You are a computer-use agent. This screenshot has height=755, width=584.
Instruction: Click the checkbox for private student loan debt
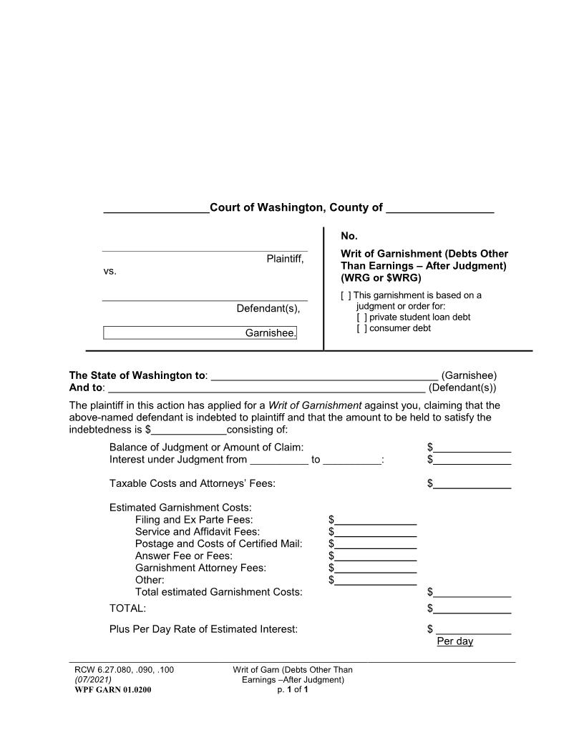pyautogui.click(x=361, y=317)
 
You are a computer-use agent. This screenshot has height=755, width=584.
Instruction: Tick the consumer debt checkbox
pyautogui.click(x=361, y=328)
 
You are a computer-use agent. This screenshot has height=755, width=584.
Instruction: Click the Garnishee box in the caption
pyautogui.click(x=200, y=333)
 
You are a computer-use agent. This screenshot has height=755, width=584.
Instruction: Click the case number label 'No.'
pyautogui.click(x=349, y=236)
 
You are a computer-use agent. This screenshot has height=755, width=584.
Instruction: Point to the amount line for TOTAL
pyautogui.click(x=472, y=609)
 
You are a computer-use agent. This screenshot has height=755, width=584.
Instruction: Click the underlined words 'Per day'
pyautogui.click(x=455, y=641)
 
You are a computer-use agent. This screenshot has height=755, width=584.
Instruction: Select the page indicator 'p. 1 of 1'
pyautogui.click(x=292, y=690)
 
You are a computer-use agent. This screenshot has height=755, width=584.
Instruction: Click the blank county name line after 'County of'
pyautogui.click(x=439, y=208)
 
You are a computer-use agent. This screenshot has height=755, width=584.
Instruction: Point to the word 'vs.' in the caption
pyautogui.click(x=109, y=272)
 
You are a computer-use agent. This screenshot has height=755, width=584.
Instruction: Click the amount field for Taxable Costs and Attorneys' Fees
pyautogui.click(x=472, y=484)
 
